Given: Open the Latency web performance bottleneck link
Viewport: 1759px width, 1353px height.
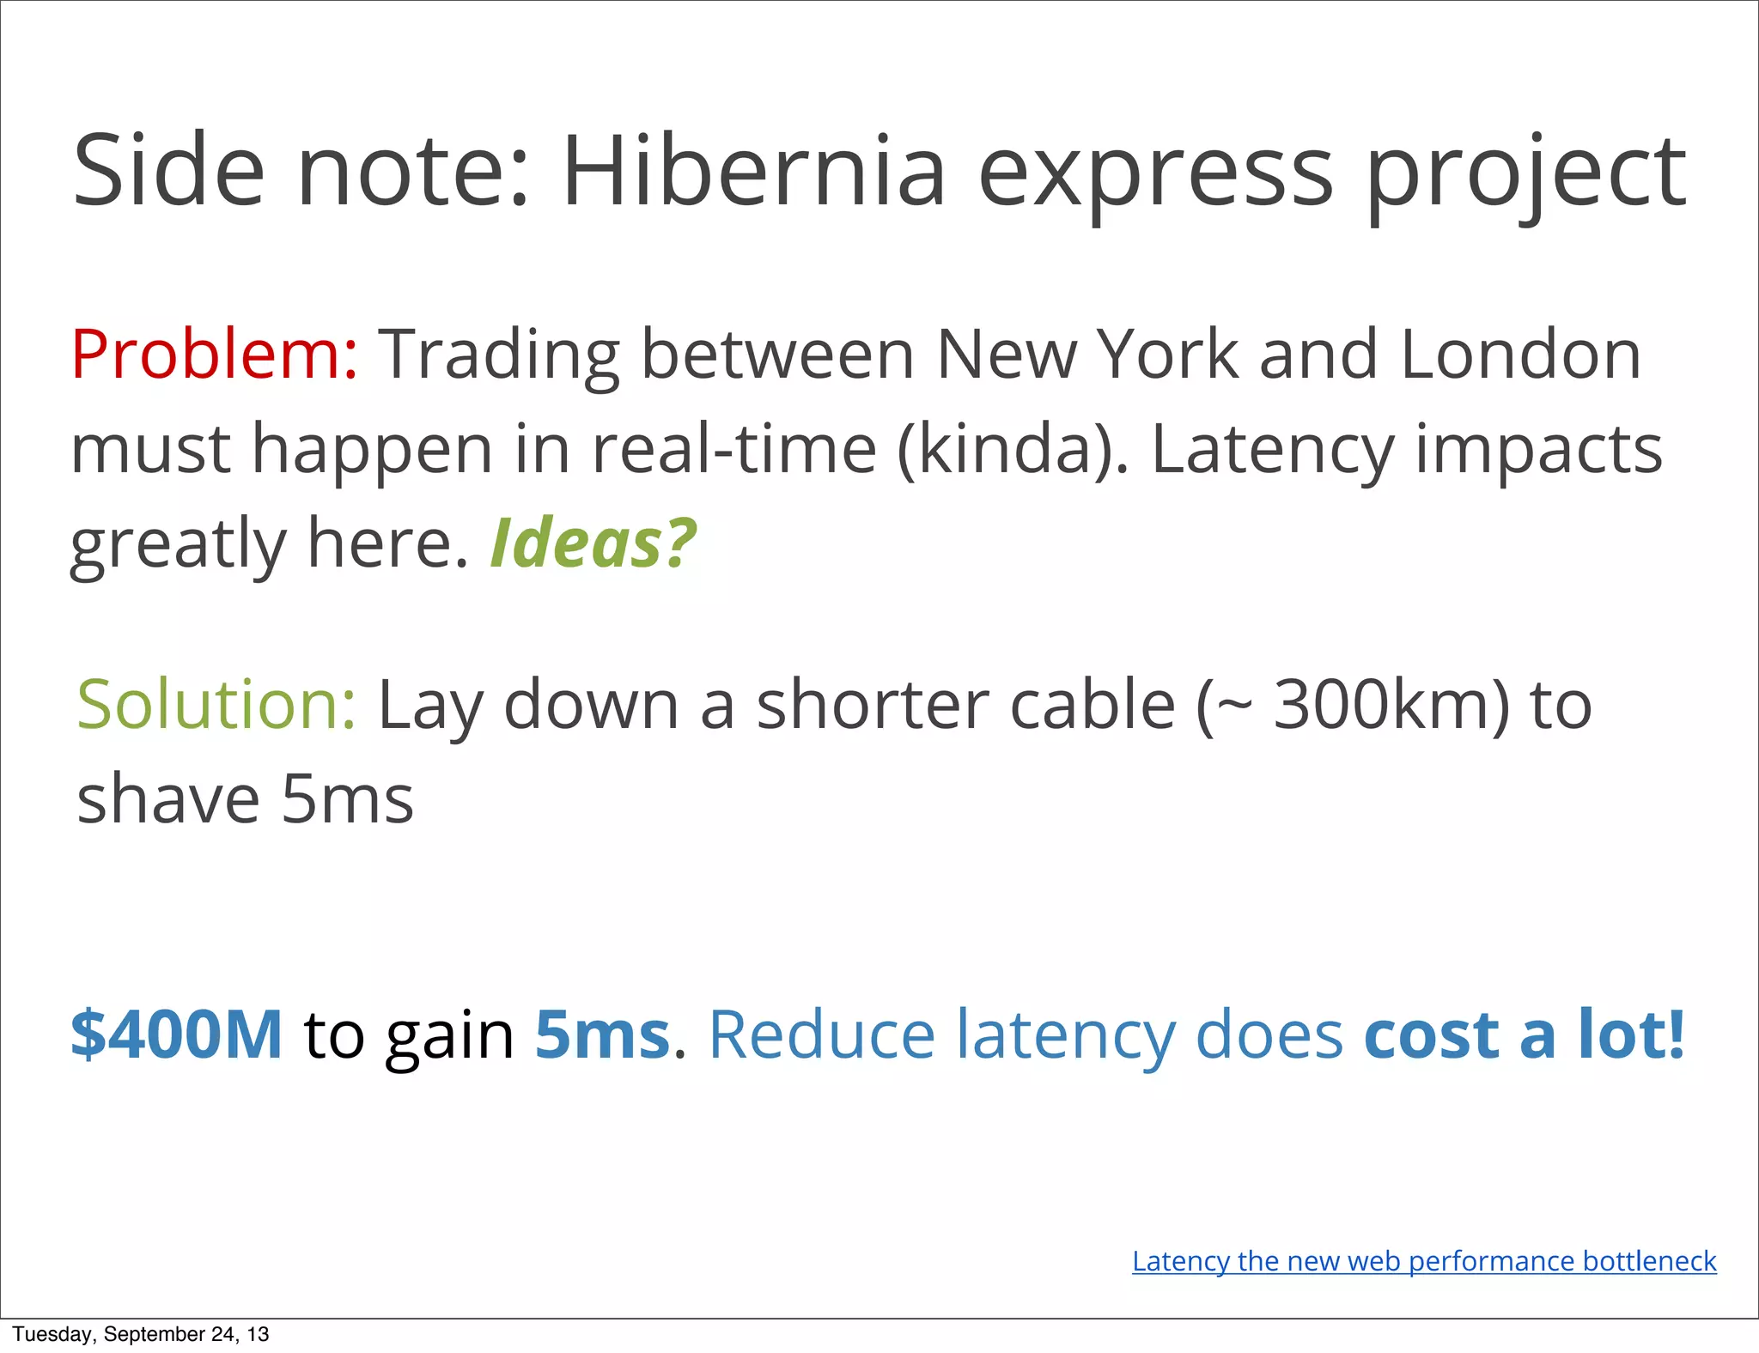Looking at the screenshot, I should pos(1424,1260).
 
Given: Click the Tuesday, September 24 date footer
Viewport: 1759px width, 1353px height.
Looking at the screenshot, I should pos(141,1334).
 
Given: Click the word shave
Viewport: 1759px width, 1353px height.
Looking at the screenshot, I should pos(168,798).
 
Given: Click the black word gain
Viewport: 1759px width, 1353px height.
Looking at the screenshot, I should pos(449,1035).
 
